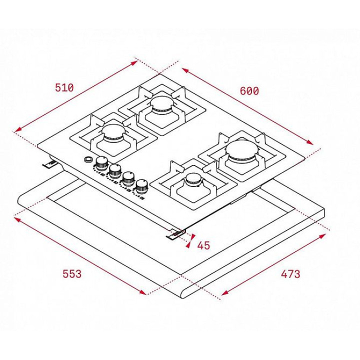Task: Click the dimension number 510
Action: pos(64,87)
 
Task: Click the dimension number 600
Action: pos(249,90)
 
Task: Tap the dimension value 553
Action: pos(72,274)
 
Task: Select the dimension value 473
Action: pos(290,274)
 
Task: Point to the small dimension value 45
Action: pos(203,245)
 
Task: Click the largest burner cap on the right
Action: pos(242,150)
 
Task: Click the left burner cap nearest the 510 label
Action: pos(113,132)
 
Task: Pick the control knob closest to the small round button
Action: pos(101,163)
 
